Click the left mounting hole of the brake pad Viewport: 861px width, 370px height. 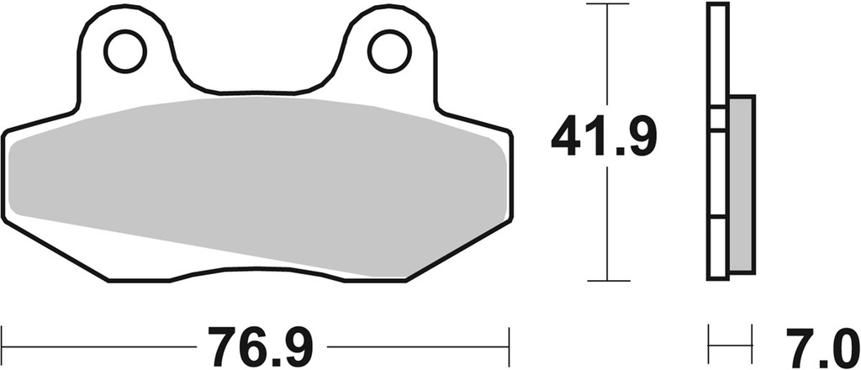(124, 51)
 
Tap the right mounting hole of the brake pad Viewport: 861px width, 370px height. (388, 51)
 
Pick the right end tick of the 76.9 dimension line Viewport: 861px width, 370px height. (510, 345)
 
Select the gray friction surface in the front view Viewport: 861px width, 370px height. (252, 181)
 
